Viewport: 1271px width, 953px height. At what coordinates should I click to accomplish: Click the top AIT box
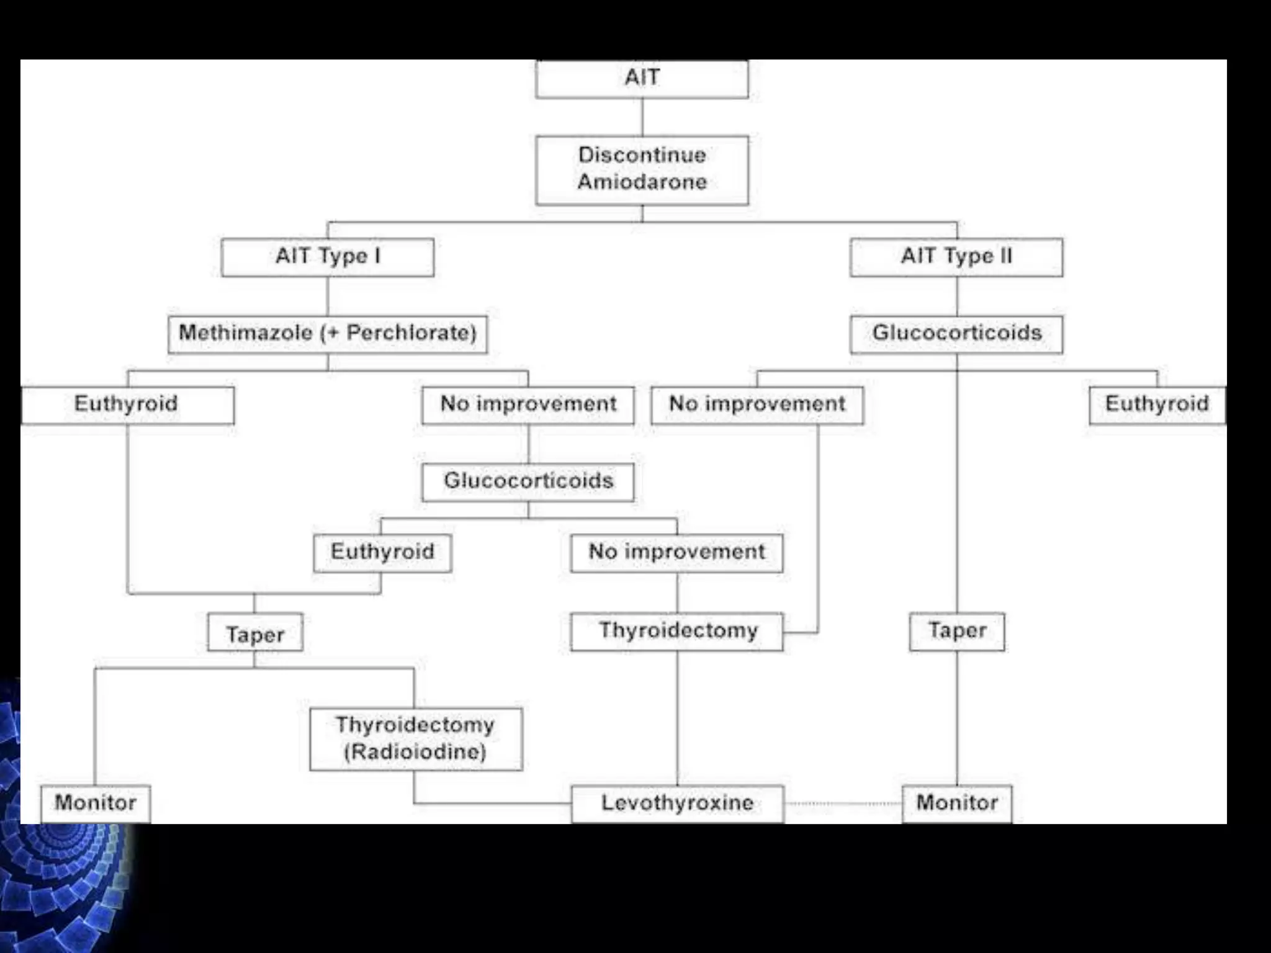click(642, 79)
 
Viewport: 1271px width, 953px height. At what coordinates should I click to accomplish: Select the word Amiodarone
click(642, 182)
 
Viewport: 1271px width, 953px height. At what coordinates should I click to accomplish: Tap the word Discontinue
click(642, 154)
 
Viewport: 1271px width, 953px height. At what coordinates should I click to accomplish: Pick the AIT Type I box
click(328, 257)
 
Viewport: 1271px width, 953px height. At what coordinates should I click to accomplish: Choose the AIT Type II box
click(956, 257)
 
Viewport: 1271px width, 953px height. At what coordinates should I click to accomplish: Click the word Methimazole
click(246, 333)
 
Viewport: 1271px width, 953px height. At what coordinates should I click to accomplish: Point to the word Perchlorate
click(410, 333)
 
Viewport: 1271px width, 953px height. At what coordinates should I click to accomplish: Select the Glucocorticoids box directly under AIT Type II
click(956, 334)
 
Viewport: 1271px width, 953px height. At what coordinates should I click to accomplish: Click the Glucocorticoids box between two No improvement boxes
click(528, 481)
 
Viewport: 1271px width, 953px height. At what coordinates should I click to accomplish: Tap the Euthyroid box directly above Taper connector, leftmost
click(128, 405)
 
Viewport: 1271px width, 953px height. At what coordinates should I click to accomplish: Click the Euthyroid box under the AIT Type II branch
click(1157, 405)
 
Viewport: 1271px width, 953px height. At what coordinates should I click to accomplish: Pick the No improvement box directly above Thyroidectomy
click(676, 552)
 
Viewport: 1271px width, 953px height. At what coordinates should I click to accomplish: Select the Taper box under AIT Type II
click(956, 631)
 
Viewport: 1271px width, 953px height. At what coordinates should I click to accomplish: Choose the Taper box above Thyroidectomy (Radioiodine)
click(255, 633)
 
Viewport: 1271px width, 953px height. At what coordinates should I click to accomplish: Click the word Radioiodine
click(415, 752)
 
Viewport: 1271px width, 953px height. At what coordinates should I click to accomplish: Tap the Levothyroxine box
click(677, 803)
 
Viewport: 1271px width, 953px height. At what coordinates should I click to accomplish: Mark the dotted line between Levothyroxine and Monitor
click(843, 803)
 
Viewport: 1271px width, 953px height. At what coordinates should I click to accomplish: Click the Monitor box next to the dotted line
click(956, 803)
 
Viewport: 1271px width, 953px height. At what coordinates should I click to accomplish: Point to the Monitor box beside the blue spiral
click(96, 803)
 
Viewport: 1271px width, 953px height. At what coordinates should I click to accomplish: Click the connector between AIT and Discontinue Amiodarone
click(642, 117)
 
